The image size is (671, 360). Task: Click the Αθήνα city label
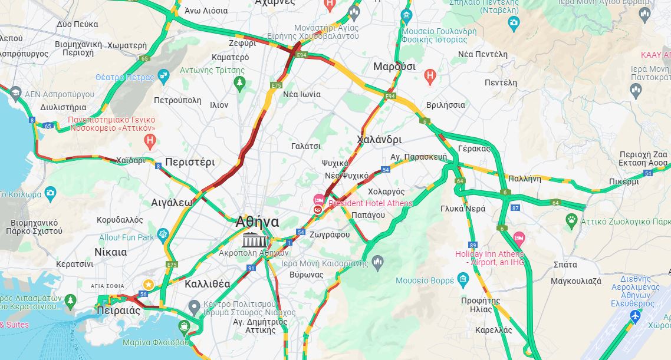pyautogui.click(x=257, y=222)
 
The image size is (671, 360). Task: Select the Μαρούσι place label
pyautogui.click(x=394, y=66)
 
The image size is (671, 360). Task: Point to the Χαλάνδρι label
pyautogui.click(x=379, y=140)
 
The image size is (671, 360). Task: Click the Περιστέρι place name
pyautogui.click(x=190, y=161)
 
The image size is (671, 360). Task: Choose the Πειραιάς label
pyautogui.click(x=119, y=311)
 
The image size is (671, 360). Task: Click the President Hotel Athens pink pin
pyautogui.click(x=319, y=200)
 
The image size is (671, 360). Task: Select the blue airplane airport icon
pyautogui.click(x=635, y=316)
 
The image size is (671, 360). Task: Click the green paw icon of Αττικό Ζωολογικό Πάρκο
pyautogui.click(x=571, y=221)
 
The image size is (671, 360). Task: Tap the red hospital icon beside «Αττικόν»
pyautogui.click(x=150, y=141)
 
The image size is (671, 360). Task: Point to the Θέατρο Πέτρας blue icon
pyautogui.click(x=163, y=76)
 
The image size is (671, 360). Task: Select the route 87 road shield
pyautogui.click(x=515, y=207)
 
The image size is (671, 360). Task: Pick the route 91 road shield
pyautogui.click(x=251, y=268)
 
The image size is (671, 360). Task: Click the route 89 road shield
pyautogui.click(x=473, y=245)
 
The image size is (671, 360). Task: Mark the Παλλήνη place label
pyautogui.click(x=524, y=177)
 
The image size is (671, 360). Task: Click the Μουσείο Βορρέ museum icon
pyautogui.click(x=463, y=279)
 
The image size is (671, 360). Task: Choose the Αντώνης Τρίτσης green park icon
pyautogui.click(x=239, y=83)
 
